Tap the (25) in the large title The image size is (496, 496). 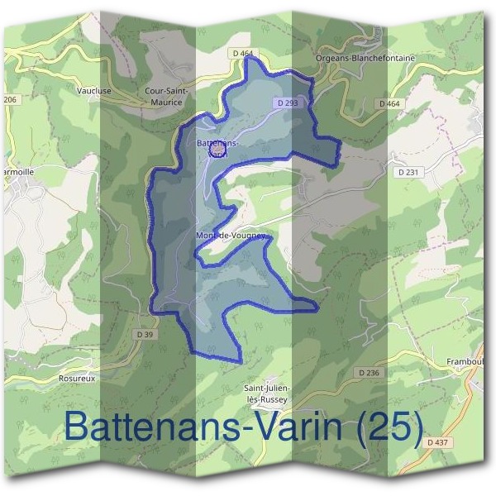(x=378, y=427)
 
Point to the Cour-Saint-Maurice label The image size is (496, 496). (x=167, y=96)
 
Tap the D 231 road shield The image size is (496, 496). (x=408, y=171)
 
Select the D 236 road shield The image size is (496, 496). (x=370, y=373)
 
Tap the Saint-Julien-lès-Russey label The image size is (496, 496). (x=265, y=393)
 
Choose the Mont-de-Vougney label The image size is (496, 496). (x=230, y=236)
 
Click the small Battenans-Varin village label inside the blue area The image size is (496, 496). (x=217, y=148)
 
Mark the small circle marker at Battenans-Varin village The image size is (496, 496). (x=218, y=149)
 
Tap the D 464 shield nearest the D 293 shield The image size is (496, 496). (x=244, y=54)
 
